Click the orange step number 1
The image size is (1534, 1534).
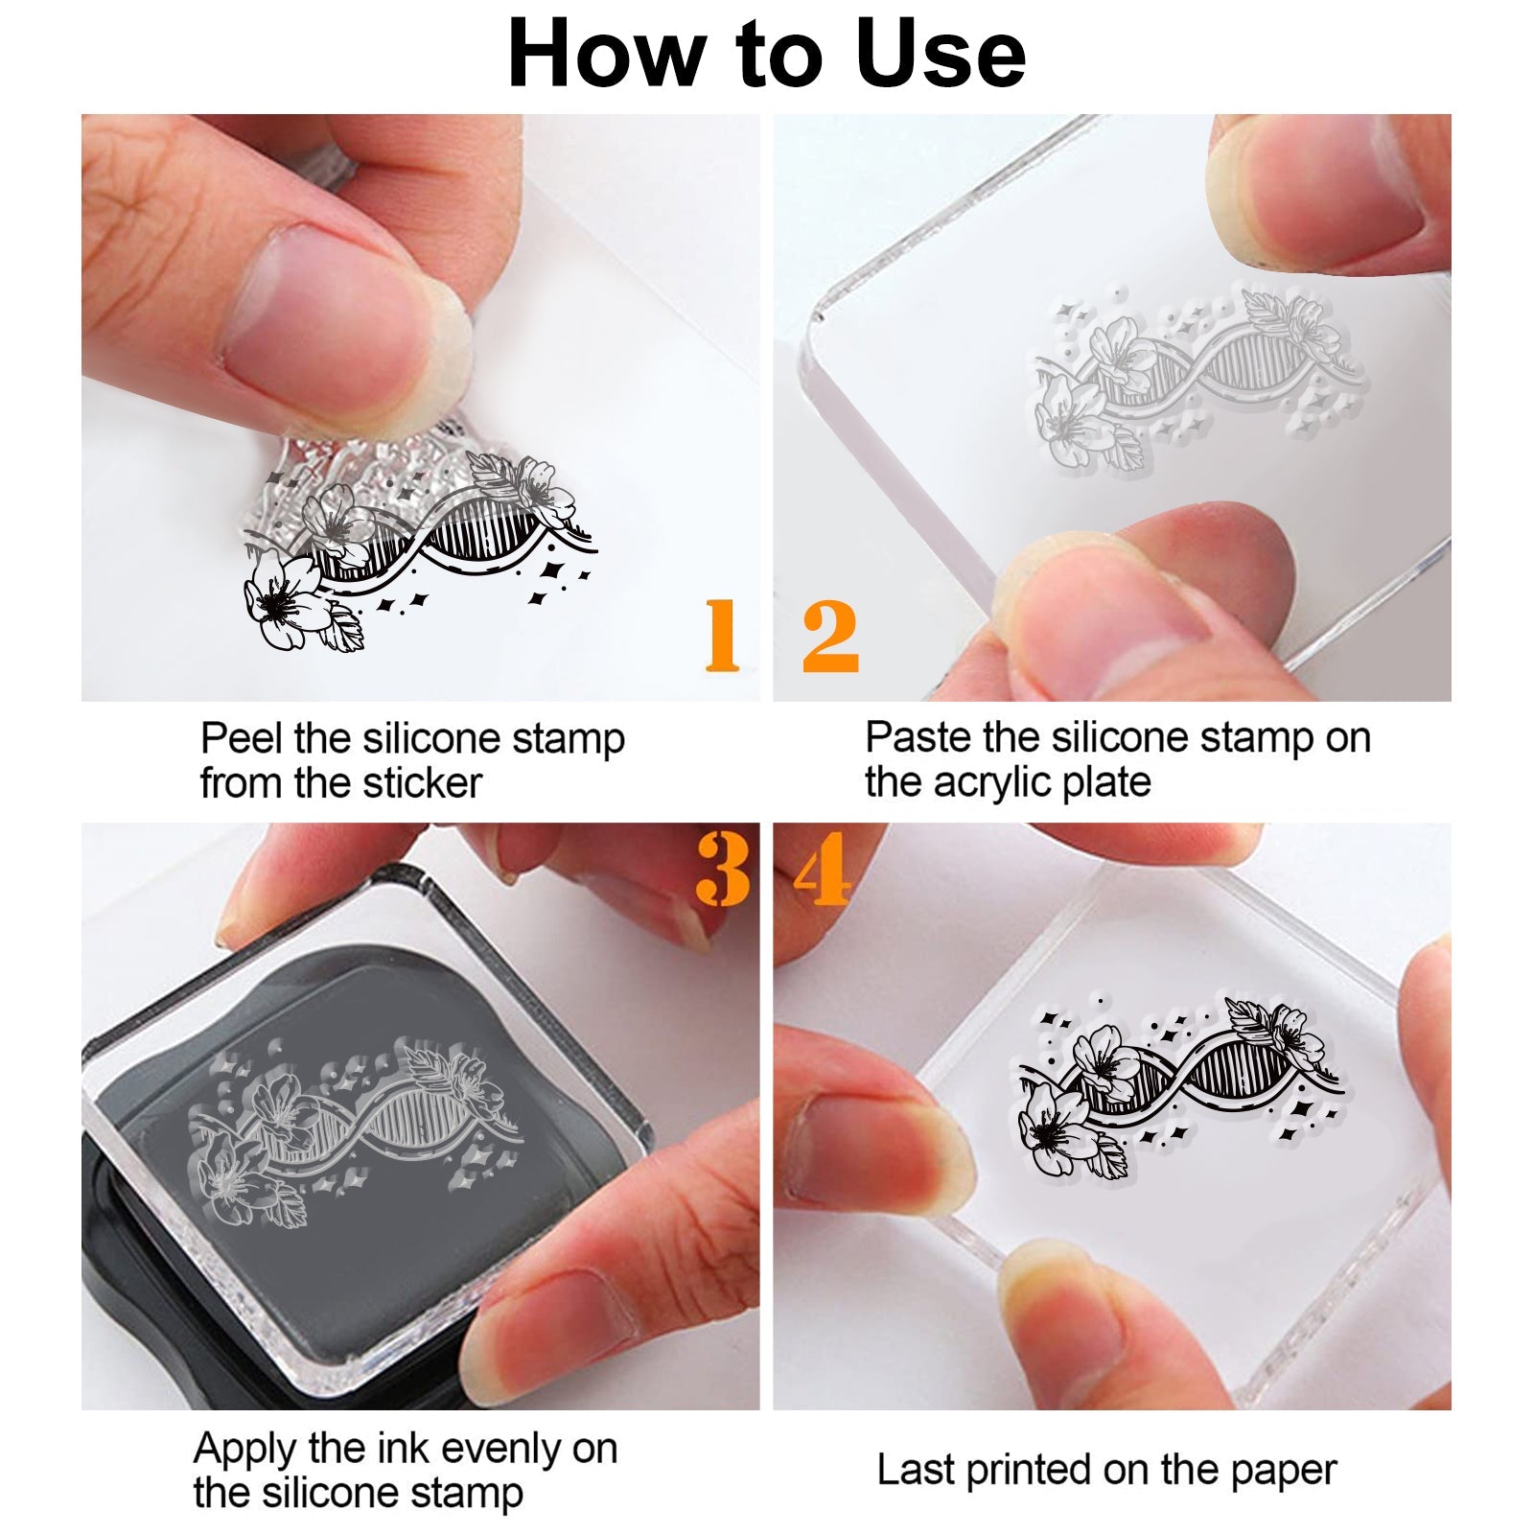click(722, 635)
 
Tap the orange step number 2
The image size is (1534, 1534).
click(830, 635)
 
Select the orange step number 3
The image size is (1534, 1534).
click(722, 869)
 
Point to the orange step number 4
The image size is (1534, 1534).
click(822, 869)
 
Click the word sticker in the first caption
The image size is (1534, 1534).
click(422, 783)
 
